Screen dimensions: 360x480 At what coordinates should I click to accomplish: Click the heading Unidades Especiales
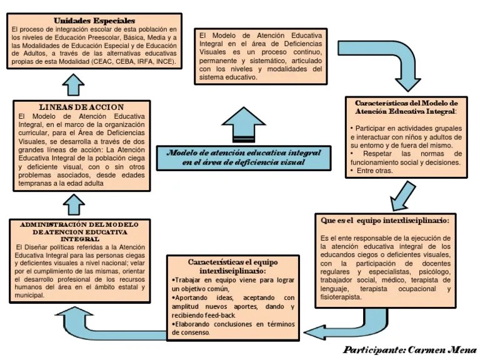(x=94, y=20)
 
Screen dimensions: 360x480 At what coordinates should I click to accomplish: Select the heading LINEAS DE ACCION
(x=81, y=107)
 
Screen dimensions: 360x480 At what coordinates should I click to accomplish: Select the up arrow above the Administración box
(x=74, y=202)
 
